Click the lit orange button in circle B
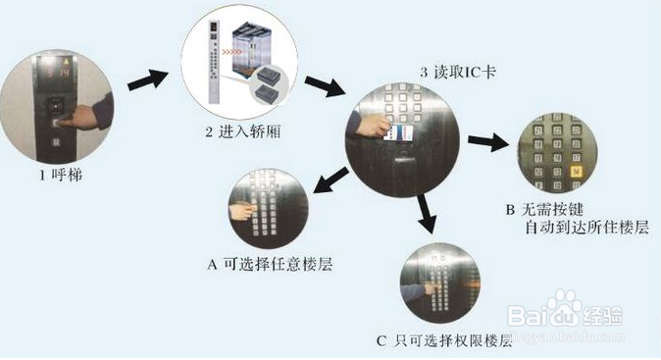tap(575, 169)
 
